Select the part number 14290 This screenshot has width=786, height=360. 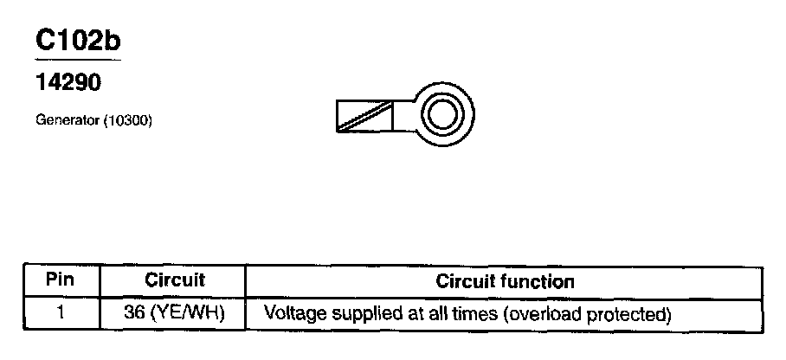(68, 84)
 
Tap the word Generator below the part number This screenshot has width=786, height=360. (67, 122)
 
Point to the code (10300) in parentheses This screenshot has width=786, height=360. (127, 122)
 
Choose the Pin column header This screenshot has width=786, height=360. (60, 281)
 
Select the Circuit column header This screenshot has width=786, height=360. (174, 281)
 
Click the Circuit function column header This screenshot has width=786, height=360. (505, 281)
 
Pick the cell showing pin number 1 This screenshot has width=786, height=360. (60, 311)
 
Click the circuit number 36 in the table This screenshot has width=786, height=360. (134, 311)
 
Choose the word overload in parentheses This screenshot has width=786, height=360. (538, 312)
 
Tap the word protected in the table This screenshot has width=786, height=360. (625, 312)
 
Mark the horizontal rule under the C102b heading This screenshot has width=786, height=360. (78, 61)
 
